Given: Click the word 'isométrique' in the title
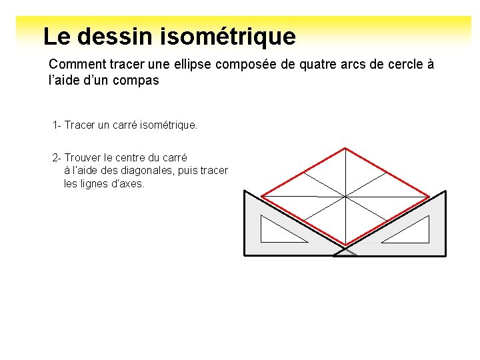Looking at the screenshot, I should pos(228,36).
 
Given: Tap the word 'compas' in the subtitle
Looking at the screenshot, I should pos(136,81).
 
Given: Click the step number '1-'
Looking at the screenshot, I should pos(57,125).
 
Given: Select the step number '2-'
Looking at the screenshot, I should pos(57,158).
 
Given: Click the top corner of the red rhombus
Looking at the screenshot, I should pos(345,148).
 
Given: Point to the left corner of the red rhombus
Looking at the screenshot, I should pos(261,196).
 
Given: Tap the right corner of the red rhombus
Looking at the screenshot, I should pos(429,196).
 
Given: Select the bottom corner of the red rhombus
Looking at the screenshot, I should pos(345,245).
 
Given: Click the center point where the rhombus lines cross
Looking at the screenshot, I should pos(345,196).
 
